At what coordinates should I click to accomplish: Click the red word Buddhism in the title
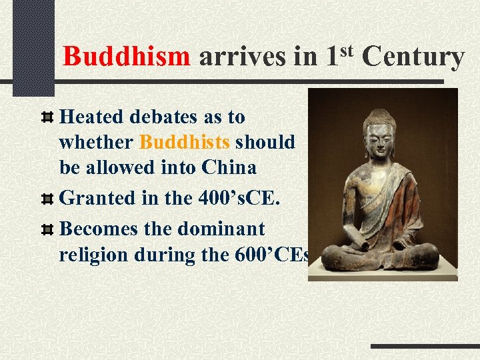click(127, 57)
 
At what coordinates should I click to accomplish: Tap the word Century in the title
click(413, 57)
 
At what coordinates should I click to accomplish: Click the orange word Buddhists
click(185, 142)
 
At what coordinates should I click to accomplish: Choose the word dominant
click(222, 229)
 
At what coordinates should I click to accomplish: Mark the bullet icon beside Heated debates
click(47, 118)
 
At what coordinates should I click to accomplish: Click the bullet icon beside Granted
click(47, 199)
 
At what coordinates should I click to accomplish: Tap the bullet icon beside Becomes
click(47, 230)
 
